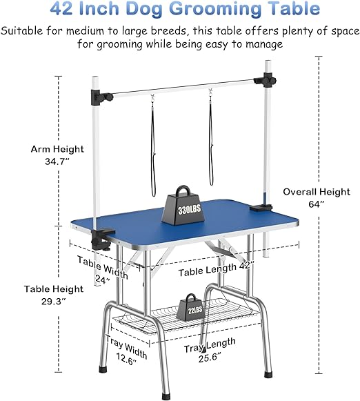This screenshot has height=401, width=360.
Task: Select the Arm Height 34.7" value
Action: pos(57,162)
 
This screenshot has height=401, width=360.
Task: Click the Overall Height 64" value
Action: pos(317,204)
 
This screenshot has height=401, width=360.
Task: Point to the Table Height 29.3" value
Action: pos(54,301)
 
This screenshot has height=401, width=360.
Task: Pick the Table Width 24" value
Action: pos(103,280)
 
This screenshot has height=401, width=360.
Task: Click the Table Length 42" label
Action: pos(216,269)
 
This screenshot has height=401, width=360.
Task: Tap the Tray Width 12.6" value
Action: pos(127,358)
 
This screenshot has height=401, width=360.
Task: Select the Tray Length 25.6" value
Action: pos(210,358)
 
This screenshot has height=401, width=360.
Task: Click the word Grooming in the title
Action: pos(215,9)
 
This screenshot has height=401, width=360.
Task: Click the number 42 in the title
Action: pos(61,8)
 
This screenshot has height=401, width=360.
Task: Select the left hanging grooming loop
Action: pos(153,146)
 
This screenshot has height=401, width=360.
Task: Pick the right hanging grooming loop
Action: pos(211,137)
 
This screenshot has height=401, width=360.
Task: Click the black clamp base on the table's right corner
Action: pos(261,208)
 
